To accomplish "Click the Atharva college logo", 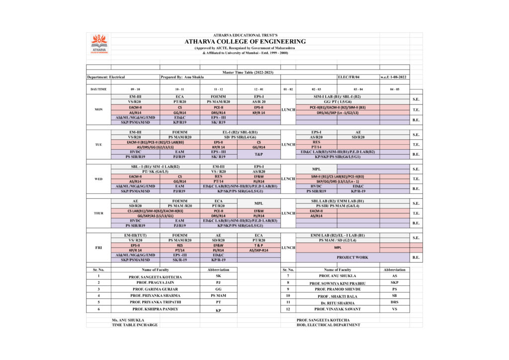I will (x=99, y=44).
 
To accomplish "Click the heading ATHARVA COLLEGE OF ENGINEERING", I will (x=245, y=41).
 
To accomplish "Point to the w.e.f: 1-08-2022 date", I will (x=394, y=77).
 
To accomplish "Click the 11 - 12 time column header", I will (x=218, y=89).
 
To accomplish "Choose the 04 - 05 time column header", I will (x=394, y=89).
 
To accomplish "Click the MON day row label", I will (x=98, y=109).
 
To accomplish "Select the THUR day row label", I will (x=98, y=213).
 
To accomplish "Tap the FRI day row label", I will (x=98, y=247).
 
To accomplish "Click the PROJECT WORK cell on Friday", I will (x=352, y=257).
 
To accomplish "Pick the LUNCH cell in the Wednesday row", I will (x=288, y=179).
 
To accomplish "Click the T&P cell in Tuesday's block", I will (x=258, y=154).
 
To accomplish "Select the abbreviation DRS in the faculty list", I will (x=395, y=302).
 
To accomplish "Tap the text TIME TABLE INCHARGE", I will (x=135, y=325).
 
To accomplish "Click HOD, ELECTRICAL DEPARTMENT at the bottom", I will (x=328, y=325).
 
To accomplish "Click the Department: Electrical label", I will (x=106, y=77).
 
